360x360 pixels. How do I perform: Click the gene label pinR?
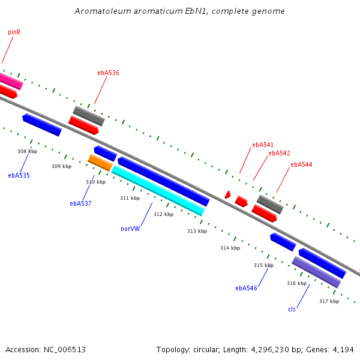click(x=14, y=32)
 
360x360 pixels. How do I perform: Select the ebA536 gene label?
click(x=108, y=73)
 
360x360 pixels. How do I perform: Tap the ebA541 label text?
click(x=262, y=145)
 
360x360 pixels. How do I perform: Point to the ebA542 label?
click(x=279, y=153)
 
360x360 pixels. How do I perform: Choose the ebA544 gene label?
click(x=301, y=164)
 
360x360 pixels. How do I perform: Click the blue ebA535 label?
click(x=19, y=175)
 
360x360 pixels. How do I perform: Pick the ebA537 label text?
click(x=80, y=203)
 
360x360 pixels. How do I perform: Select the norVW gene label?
click(x=130, y=229)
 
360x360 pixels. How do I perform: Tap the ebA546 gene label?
click(x=246, y=288)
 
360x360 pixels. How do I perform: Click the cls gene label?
click(x=292, y=309)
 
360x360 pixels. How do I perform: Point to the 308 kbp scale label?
click(x=27, y=152)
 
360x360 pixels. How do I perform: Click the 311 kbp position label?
click(x=130, y=198)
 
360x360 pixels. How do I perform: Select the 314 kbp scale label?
click(x=230, y=248)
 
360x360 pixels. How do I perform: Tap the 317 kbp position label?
click(x=329, y=301)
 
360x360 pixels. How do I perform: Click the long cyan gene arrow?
click(x=158, y=190)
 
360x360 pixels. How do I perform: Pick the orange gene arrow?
click(x=100, y=163)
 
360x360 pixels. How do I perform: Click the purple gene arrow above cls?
click(x=316, y=272)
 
